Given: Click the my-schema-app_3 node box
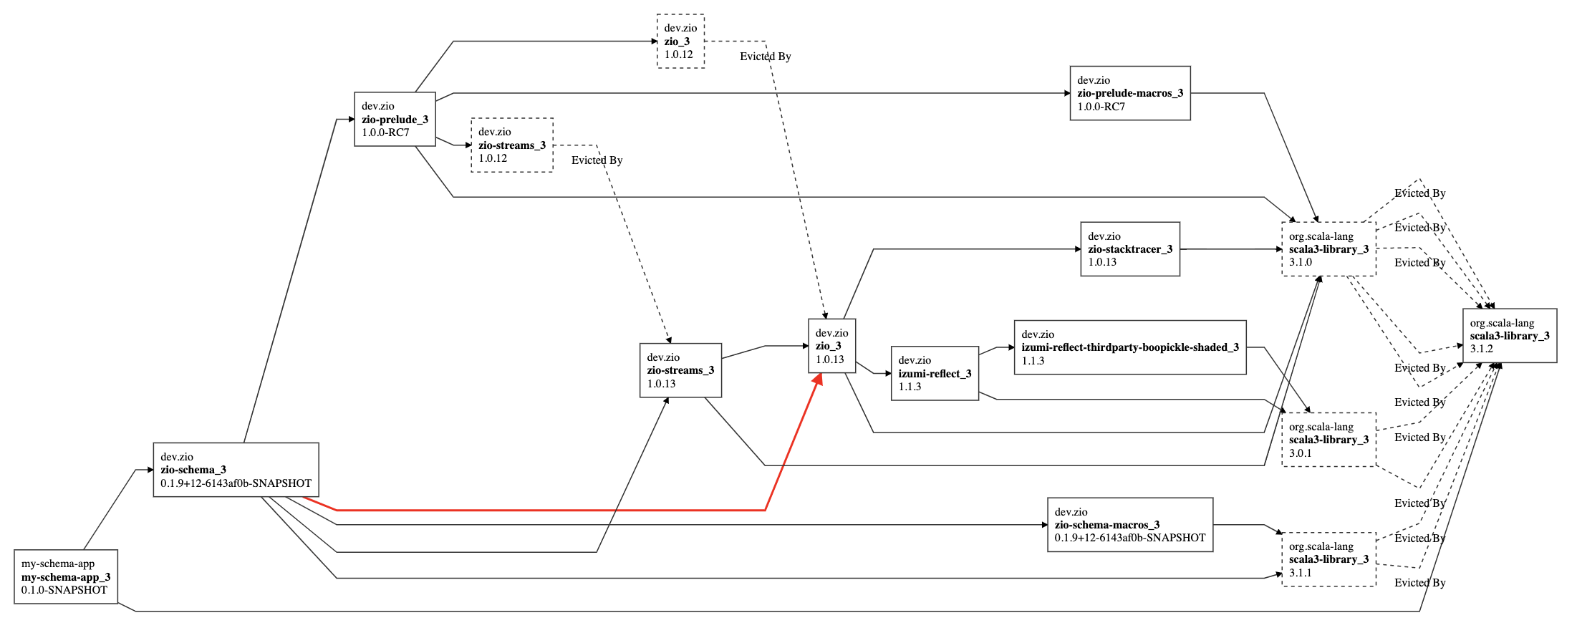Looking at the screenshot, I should pos(65,576).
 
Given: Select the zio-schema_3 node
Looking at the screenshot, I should pos(236,470).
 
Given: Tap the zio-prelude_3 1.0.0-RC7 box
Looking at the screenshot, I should pos(395,119).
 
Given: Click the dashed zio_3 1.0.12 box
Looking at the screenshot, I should pos(680,42).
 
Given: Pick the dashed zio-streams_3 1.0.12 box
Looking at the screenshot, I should pos(511,145).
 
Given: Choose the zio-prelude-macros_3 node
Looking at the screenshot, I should pos(1129,93).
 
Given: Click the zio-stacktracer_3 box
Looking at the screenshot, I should pos(1129,249).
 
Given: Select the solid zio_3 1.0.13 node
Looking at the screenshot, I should pos(831,346).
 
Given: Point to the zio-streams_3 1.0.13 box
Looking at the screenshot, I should pos(680,370).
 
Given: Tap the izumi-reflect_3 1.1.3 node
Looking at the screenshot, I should pos(934,373).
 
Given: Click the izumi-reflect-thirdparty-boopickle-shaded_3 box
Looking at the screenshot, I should pos(1129,347).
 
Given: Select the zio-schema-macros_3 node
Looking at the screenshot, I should pos(1129,525).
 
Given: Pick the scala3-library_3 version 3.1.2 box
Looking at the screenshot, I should pos(1508,336).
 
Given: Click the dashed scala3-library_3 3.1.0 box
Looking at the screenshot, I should pos(1328,249).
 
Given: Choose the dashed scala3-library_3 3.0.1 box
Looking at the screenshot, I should pos(1328,440).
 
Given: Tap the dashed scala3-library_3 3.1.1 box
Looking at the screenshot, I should pos(1328,559).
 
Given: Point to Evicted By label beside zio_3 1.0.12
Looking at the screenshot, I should pos(765,57).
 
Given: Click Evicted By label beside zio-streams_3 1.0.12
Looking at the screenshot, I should pos(597,160).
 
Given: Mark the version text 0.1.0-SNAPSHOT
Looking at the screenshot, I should pos(64,590).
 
